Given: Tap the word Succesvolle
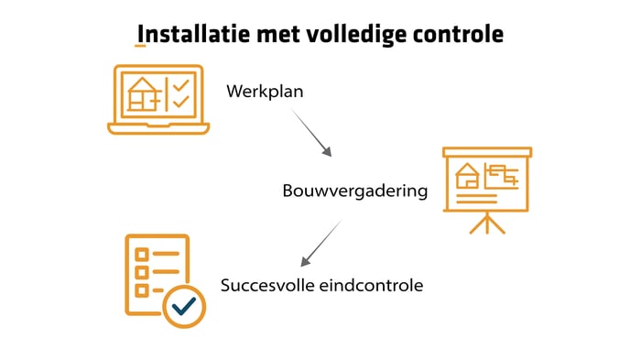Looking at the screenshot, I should (x=266, y=285).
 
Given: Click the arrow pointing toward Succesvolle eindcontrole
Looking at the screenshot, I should (x=320, y=243).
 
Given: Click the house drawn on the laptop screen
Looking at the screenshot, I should (x=143, y=93).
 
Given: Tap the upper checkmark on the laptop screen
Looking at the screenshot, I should (x=181, y=85).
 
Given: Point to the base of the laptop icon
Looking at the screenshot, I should (x=158, y=127).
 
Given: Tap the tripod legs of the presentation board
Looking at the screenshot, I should (x=487, y=224).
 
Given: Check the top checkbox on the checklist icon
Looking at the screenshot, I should (x=141, y=254).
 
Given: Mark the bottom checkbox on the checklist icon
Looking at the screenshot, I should (x=141, y=290).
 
